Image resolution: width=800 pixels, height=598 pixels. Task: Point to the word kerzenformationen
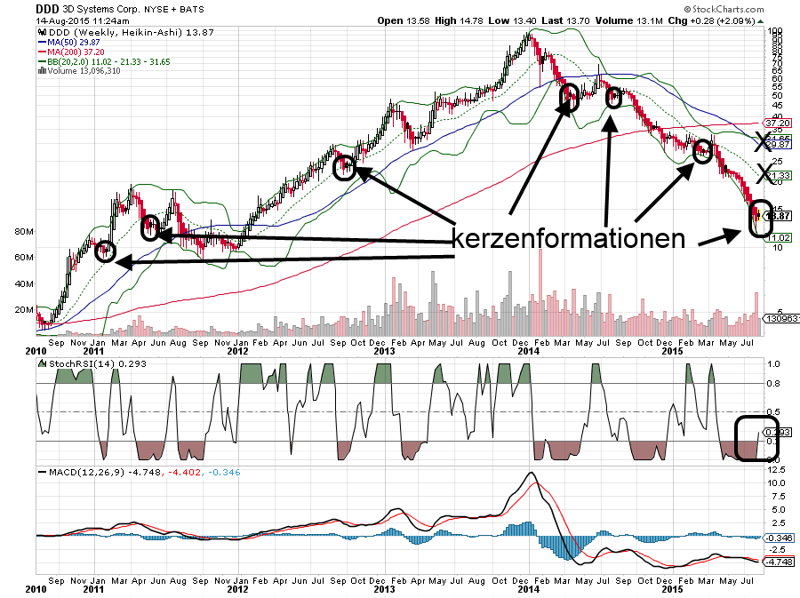coord(569,239)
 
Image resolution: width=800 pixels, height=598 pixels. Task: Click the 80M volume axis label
coord(24,232)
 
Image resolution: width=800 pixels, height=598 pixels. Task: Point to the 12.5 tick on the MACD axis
coord(777,468)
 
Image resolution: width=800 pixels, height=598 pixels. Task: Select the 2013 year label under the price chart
coord(384,351)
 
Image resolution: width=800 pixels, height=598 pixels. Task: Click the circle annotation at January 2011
coord(105,251)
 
